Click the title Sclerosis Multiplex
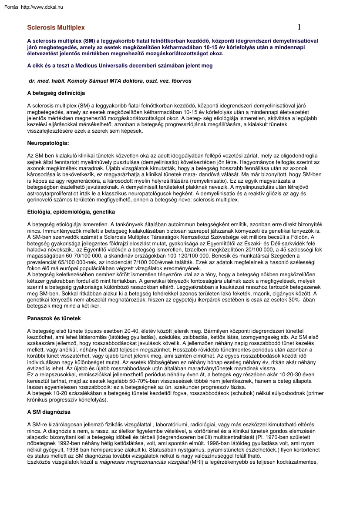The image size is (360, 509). (x=56, y=27)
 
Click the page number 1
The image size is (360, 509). (x=299, y=27)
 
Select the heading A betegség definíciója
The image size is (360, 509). (x=56, y=93)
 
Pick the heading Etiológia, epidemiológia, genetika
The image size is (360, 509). (x=71, y=212)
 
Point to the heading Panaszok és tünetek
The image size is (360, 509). (x=54, y=318)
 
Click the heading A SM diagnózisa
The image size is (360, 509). (x=49, y=412)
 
